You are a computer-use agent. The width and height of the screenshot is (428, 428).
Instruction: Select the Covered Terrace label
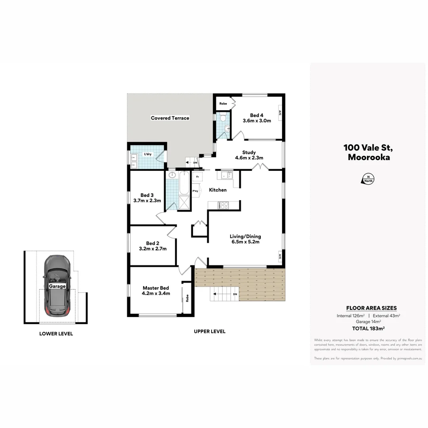[x=170, y=118]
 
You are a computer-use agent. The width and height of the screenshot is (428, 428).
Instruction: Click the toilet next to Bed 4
[x=223, y=118]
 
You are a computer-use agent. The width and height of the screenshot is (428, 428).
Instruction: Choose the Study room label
[x=249, y=152]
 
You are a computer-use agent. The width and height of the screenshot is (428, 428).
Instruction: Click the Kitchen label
[x=218, y=190]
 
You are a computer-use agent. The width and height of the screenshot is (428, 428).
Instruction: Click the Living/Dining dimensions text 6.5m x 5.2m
[x=245, y=242]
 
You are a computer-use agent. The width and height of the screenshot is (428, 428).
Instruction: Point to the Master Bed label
[x=156, y=288]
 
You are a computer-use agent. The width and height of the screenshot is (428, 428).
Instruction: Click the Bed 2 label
[x=153, y=243]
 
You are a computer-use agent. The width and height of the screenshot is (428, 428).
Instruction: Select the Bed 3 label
[x=147, y=195]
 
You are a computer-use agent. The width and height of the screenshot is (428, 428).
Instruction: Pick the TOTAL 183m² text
[x=369, y=328]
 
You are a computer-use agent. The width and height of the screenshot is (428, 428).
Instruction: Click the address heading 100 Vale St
[x=368, y=148]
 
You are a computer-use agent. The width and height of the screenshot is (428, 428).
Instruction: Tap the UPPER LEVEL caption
[x=210, y=331]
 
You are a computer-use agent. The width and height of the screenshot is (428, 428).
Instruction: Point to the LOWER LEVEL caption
[x=56, y=334]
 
